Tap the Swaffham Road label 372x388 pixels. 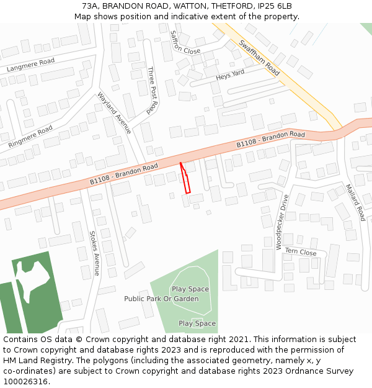click(x=259, y=58)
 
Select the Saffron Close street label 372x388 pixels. click(x=185, y=43)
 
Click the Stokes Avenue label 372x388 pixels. click(x=94, y=253)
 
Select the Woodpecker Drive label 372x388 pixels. click(x=282, y=222)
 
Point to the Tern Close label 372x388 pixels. click(x=301, y=252)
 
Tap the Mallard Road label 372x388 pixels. click(x=356, y=202)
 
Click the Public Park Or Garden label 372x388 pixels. click(x=161, y=299)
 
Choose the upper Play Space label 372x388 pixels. click(x=190, y=289)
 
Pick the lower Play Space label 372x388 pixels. click(x=197, y=323)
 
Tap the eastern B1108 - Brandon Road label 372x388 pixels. click(x=270, y=140)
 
